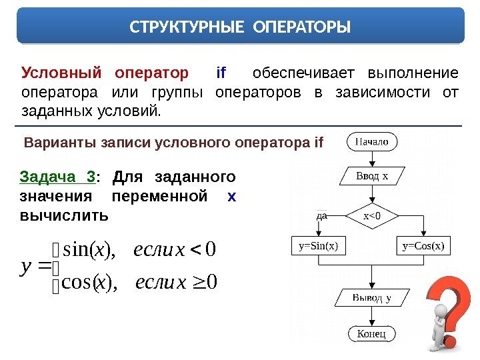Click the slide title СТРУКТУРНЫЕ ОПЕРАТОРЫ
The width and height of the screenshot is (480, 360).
coord(239,28)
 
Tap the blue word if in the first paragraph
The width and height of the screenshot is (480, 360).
coord(222,72)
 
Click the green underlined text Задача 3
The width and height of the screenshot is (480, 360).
coord(57,177)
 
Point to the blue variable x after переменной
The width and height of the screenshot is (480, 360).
coord(231,197)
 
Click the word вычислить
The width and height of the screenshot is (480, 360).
coord(64,216)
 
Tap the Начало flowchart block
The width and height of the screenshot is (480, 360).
coord(372,141)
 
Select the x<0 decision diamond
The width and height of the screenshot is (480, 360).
coord(372,215)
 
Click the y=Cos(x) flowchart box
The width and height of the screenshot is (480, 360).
coord(424,245)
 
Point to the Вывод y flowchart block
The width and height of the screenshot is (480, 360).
coord(371,297)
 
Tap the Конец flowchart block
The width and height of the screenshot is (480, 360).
coord(372,333)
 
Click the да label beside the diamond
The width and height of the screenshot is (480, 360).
coord(321,215)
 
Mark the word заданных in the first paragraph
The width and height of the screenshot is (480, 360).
coord(54,108)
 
